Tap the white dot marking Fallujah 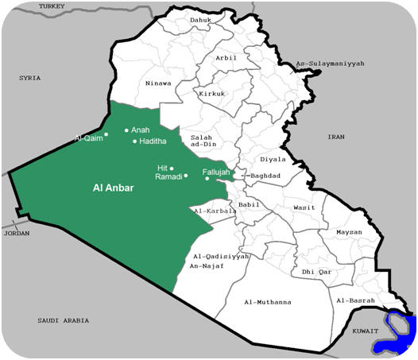tap(207, 179)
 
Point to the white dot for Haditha tap(134, 141)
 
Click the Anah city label tap(140, 130)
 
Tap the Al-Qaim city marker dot tap(106, 134)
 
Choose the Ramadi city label tap(168, 176)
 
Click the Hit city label tap(163, 168)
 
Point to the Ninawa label tap(158, 83)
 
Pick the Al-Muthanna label tap(268, 302)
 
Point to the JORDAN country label tap(17, 234)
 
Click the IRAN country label tap(338, 137)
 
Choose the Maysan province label tap(349, 232)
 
